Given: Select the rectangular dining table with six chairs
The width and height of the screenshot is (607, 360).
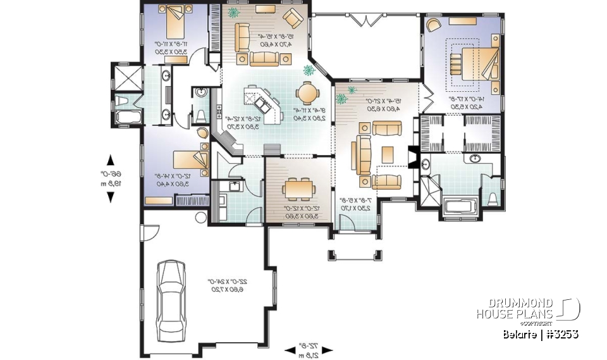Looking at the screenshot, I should coord(297,189).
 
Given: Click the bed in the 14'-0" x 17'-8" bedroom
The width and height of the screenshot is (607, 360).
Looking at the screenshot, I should coord(467,63).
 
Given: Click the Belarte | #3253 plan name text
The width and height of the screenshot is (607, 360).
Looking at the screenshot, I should coord(541,333).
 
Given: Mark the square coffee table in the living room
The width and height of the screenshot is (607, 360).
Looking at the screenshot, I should coord(387,154).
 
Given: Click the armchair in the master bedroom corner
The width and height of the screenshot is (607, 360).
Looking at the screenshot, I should coord(434,25).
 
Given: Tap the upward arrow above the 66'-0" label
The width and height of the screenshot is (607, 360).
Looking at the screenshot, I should coord(111,159).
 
